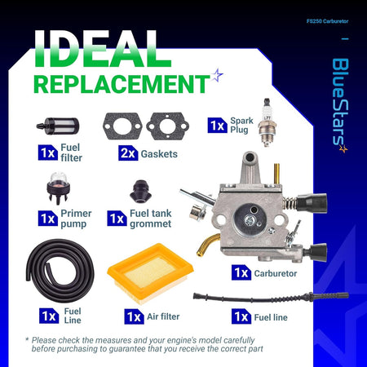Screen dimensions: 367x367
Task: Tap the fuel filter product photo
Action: point(58,126)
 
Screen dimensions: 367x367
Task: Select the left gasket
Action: point(122,126)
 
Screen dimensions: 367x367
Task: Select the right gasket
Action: point(168,126)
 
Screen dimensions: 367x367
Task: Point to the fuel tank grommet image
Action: point(140,192)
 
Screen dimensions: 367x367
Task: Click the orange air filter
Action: point(150,273)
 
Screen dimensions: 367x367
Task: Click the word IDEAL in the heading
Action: point(103,48)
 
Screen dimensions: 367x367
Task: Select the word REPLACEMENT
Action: point(122,84)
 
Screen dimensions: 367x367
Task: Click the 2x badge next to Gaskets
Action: point(128,153)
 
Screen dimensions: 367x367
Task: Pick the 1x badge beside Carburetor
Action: point(241,272)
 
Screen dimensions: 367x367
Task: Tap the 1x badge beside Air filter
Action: point(135,316)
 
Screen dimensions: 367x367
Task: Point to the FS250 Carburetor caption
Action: point(327,21)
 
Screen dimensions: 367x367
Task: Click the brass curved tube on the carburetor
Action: point(208,244)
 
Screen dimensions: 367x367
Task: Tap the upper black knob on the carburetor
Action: point(312,203)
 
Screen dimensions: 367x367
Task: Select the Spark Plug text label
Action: point(241,125)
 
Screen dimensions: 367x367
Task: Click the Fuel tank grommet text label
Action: point(151,219)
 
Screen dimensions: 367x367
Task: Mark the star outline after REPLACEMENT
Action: point(217,75)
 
